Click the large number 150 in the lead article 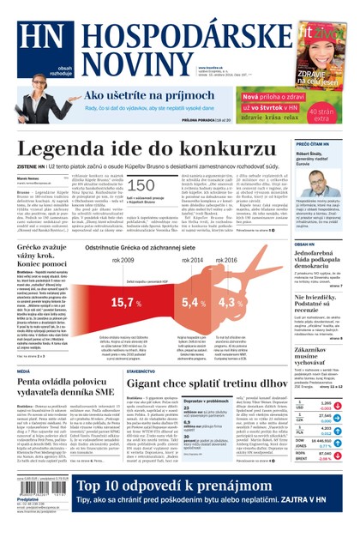[141, 185]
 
